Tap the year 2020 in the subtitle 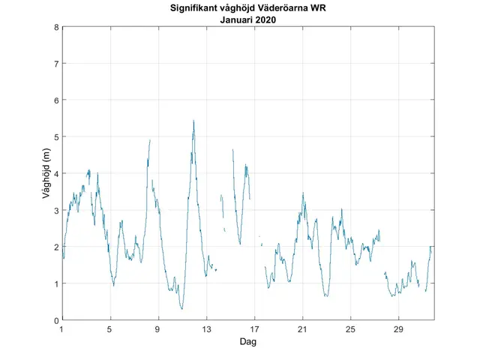pyautogui.click(x=266, y=20)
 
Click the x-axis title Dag pyautogui.click(x=248, y=342)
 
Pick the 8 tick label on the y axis pyautogui.click(x=55, y=27)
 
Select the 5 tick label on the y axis pyautogui.click(x=55, y=137)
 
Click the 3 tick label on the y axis pyautogui.click(x=55, y=211)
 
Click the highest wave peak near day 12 pyautogui.click(x=193, y=120)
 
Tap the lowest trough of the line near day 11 pyautogui.click(x=181, y=308)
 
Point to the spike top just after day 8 pyautogui.click(x=150, y=140)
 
